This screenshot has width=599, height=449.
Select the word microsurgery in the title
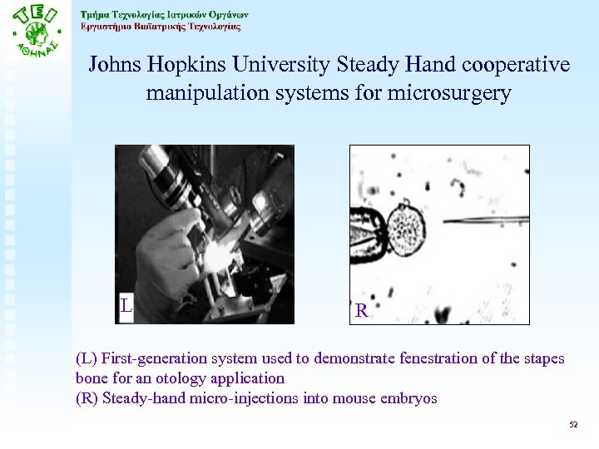[449, 93]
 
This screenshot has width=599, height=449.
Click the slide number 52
[572, 424]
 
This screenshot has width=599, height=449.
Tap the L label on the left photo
[126, 306]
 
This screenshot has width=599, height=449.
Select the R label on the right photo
[361, 311]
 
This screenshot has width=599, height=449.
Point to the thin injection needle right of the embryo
[483, 220]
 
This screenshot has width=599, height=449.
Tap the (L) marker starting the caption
[87, 359]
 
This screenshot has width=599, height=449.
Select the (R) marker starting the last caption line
[87, 399]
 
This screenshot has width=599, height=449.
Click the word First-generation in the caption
[153, 359]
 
